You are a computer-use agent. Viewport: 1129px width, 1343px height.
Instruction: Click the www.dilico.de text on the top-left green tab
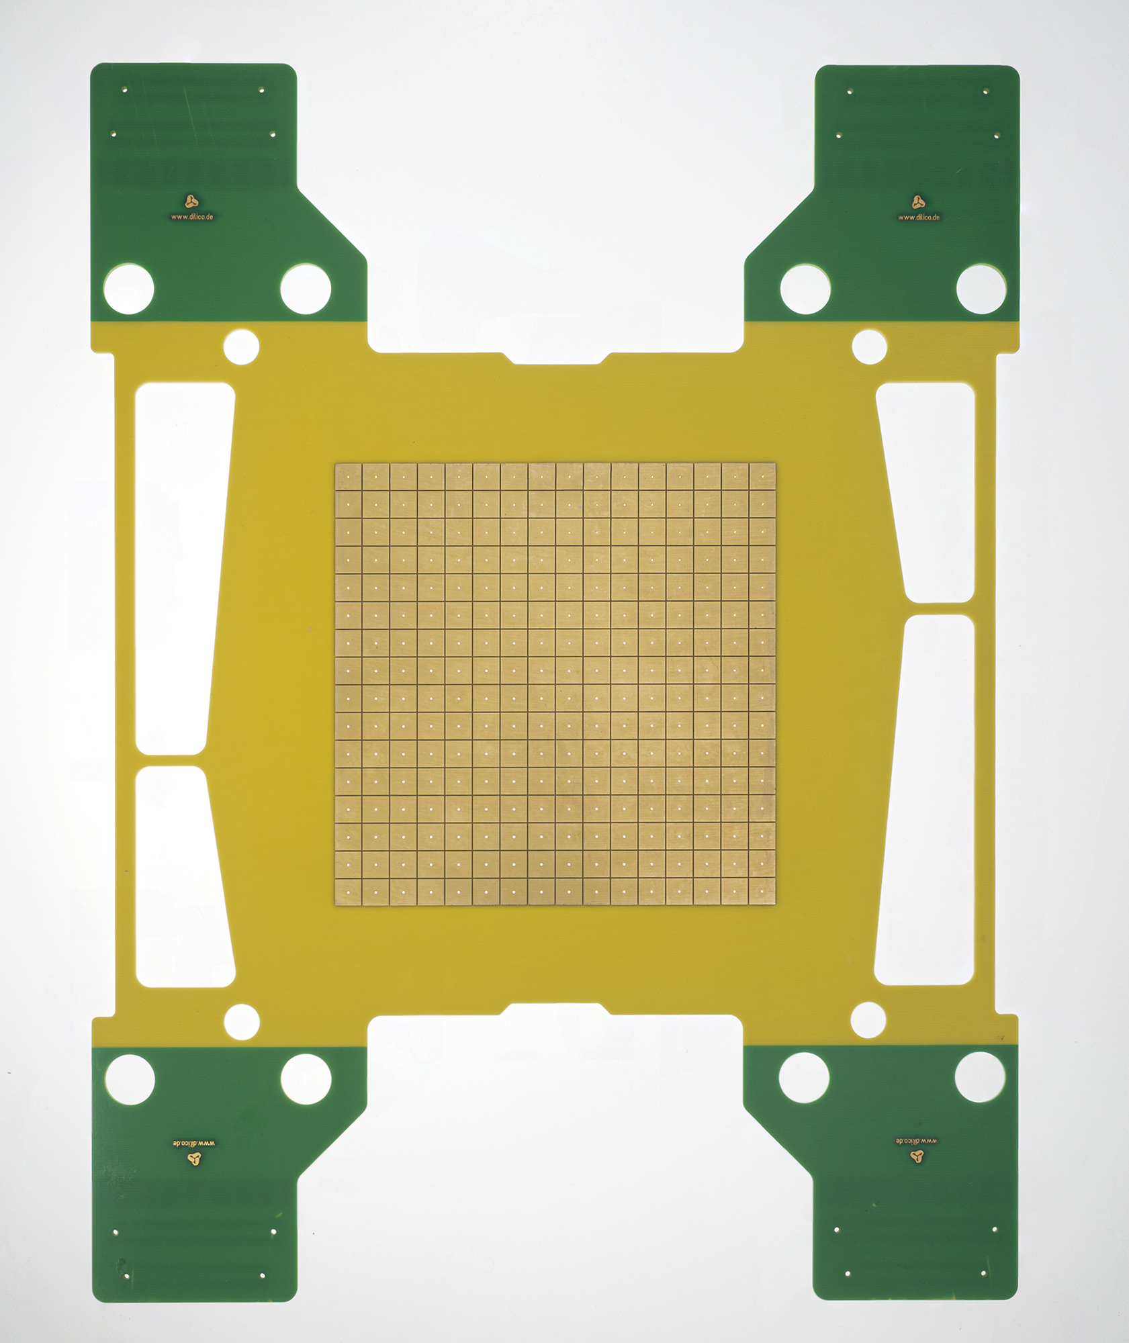click(x=192, y=217)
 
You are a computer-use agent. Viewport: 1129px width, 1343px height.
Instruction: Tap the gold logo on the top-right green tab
click(x=918, y=201)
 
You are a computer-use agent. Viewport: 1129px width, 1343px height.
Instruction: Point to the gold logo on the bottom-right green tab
click(x=917, y=1155)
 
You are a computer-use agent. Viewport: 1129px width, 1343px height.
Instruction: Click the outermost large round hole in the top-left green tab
click(x=129, y=289)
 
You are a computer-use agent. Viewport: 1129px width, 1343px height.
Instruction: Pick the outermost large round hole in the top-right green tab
click(x=981, y=289)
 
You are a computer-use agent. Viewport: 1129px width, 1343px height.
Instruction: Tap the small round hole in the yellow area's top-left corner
click(x=241, y=346)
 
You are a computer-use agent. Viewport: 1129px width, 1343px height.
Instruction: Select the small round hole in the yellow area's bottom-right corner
click(x=868, y=1019)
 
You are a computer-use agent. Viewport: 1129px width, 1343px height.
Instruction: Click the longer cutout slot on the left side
click(x=181, y=568)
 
